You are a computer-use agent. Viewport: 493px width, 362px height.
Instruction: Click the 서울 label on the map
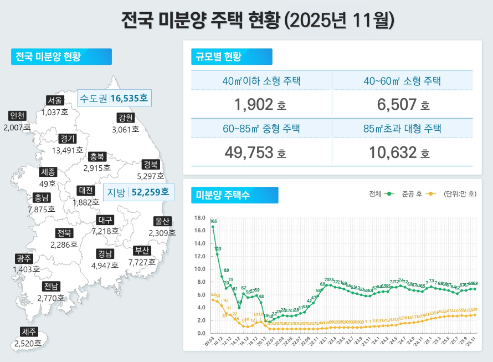55,100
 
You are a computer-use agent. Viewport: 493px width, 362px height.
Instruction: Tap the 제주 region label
29,332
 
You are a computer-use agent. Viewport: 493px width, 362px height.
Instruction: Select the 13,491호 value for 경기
68,150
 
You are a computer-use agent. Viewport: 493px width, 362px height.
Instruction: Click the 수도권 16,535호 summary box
114,99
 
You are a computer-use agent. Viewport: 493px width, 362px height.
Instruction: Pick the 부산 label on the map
142,251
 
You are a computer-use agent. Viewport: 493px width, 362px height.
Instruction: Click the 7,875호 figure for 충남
42,209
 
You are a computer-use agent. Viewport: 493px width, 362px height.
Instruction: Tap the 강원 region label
125,118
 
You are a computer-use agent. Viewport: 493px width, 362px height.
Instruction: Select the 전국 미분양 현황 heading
48,57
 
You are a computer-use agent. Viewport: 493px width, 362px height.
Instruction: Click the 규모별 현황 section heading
217,57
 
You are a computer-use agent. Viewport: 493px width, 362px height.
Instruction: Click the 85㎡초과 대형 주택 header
402,129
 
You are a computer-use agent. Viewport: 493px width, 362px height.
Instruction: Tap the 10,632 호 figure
402,151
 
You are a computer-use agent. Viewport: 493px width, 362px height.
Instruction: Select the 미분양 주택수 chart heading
222,195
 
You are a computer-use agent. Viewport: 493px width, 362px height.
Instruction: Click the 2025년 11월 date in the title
339,20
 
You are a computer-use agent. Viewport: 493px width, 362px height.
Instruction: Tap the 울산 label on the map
162,221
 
